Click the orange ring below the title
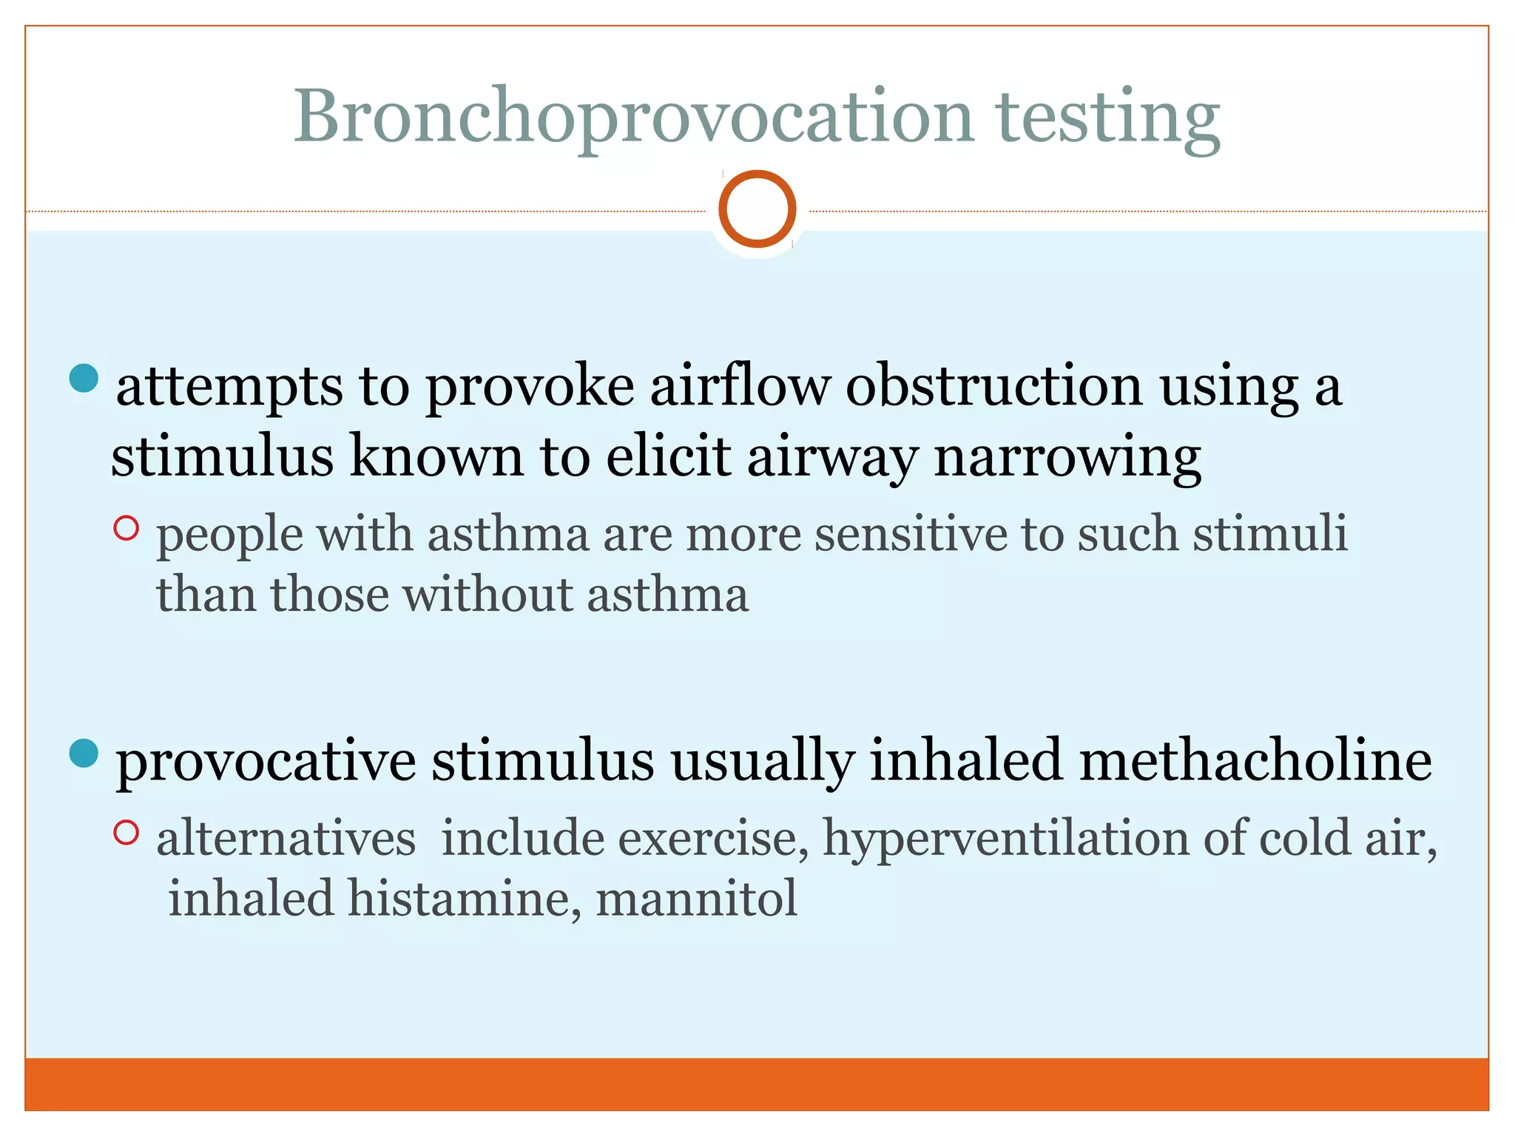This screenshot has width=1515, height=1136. pos(757,209)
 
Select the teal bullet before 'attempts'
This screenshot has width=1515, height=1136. pos(84,378)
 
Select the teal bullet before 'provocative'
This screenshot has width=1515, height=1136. pos(84,754)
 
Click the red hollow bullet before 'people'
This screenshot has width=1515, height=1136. pos(126,528)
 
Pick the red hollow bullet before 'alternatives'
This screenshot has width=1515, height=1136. pos(126,833)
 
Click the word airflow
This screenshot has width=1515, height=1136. pos(739,386)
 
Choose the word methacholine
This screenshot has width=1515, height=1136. pos(1255,761)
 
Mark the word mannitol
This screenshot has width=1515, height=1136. pos(696,899)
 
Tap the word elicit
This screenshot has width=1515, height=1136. pos(669,457)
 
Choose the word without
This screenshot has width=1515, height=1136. pos(488,595)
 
